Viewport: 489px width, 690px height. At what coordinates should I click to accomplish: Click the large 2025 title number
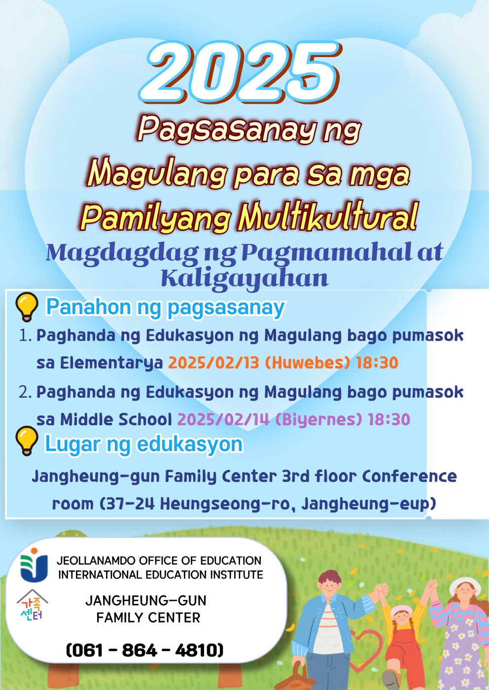(240, 73)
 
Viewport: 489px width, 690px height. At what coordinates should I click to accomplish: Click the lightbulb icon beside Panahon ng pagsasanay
(27, 307)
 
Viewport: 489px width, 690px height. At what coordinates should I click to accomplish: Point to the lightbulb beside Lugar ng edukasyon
(27, 441)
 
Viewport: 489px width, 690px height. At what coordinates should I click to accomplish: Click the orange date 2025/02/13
(213, 363)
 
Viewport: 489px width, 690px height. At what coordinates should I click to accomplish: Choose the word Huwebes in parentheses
(308, 363)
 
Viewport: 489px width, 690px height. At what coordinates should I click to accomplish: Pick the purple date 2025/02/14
(223, 419)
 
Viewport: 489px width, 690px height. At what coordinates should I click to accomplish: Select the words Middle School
(116, 419)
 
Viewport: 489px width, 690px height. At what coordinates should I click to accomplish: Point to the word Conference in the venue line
(410, 476)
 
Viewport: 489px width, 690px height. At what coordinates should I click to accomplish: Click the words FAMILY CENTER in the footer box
(148, 618)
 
